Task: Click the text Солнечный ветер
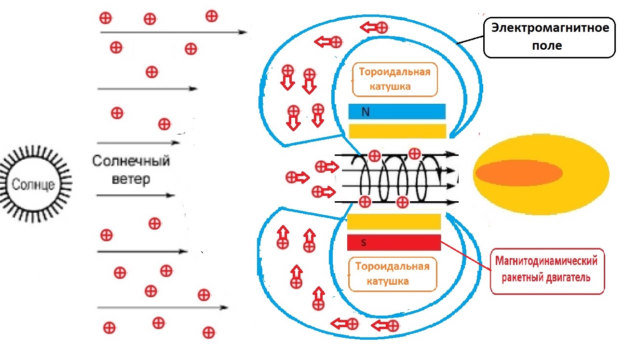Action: (131, 169)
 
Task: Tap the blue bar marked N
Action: (397, 112)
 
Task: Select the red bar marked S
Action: (394, 242)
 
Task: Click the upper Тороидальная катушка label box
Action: (394, 79)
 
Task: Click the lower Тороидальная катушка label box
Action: (392, 274)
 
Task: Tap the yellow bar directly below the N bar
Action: (397, 131)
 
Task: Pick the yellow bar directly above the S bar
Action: (394, 222)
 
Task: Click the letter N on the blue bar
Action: (366, 112)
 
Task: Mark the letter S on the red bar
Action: (364, 243)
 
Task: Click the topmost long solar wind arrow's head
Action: (242, 32)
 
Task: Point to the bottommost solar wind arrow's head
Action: (223, 307)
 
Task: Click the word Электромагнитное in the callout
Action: (550, 28)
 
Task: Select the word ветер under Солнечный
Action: (131, 179)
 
